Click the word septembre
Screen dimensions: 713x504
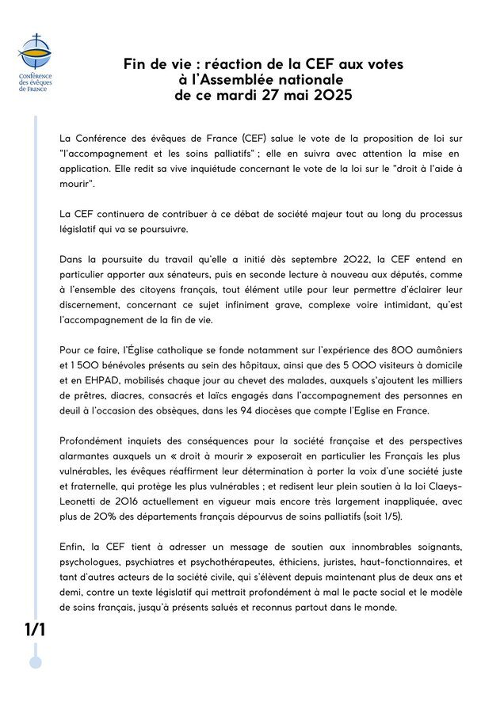315,258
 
